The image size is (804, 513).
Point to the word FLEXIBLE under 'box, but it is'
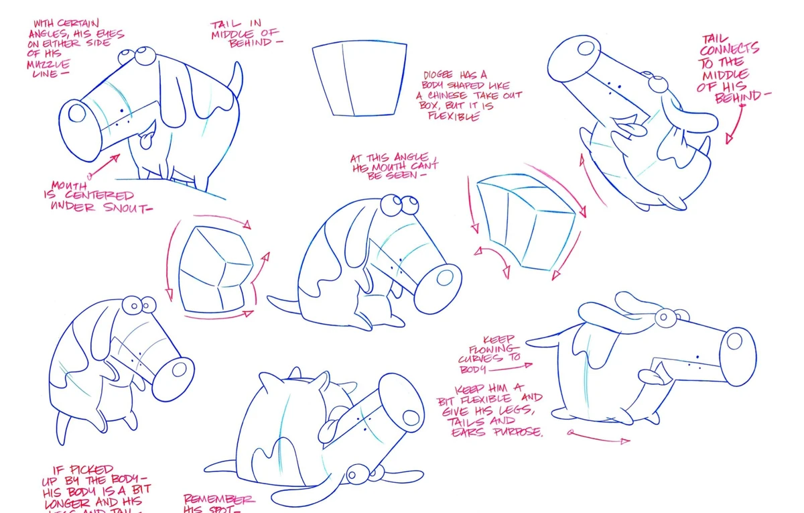(x=454, y=116)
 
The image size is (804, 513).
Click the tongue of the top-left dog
(x=143, y=141)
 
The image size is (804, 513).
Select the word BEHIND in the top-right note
(x=738, y=98)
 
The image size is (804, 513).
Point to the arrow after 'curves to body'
(x=519, y=367)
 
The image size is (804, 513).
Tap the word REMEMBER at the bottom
(x=219, y=500)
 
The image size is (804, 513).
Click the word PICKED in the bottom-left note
(x=92, y=470)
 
